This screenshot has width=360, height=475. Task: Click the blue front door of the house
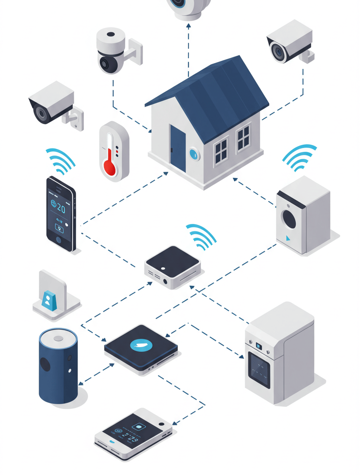click(x=178, y=148)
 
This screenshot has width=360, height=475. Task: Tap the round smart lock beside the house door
click(x=194, y=154)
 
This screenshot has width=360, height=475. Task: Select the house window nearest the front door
click(x=221, y=151)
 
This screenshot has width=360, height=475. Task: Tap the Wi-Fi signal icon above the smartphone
click(x=61, y=161)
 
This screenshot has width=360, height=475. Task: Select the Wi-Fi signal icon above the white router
click(x=202, y=236)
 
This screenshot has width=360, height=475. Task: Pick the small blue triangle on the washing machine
click(x=288, y=238)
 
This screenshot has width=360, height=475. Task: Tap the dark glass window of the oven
click(x=259, y=370)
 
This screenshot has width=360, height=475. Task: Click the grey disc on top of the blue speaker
click(x=59, y=338)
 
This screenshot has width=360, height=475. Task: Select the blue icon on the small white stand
click(x=48, y=299)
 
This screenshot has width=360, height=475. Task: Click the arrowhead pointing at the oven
click(x=241, y=357)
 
